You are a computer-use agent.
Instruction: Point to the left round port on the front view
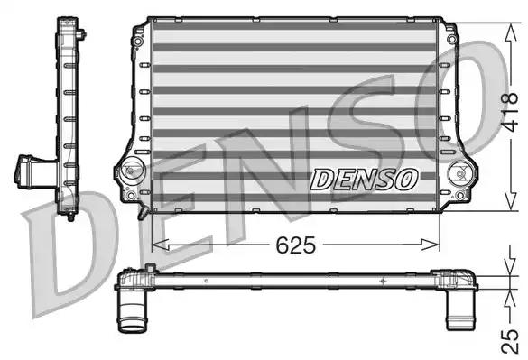tap(131, 169)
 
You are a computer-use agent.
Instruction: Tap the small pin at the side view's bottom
tap(69, 218)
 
